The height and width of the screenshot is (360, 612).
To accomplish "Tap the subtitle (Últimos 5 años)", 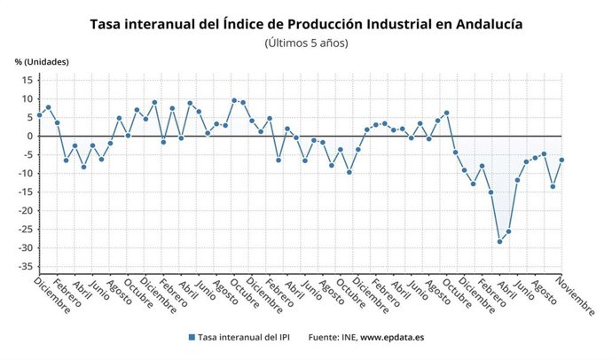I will (x=306, y=43).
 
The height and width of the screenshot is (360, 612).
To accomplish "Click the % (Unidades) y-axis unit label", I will (x=42, y=61).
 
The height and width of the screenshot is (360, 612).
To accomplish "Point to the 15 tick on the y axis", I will (x=27, y=80).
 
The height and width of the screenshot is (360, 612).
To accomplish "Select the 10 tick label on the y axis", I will (x=27, y=98).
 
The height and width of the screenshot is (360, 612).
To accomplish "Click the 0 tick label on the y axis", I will (x=29, y=136).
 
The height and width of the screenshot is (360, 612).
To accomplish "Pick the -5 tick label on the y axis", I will (x=27, y=154).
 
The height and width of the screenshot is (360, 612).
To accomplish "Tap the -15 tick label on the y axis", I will (x=25, y=192).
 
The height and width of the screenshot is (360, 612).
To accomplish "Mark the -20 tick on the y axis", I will (x=25, y=210).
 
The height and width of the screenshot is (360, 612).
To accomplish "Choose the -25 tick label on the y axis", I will (x=25, y=229).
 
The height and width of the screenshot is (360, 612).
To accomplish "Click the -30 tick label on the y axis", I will (x=25, y=247).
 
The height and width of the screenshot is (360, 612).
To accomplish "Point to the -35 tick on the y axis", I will (x=25, y=266).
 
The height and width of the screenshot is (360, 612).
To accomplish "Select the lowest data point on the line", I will (x=499, y=241).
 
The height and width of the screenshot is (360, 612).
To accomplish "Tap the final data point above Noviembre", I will (x=561, y=160).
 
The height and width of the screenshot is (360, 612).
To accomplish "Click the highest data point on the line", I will (x=234, y=100).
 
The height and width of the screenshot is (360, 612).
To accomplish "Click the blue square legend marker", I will (x=192, y=337).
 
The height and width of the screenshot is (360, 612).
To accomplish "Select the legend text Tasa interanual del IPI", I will (x=244, y=337).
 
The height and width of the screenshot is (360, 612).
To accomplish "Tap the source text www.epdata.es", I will (x=394, y=337).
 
